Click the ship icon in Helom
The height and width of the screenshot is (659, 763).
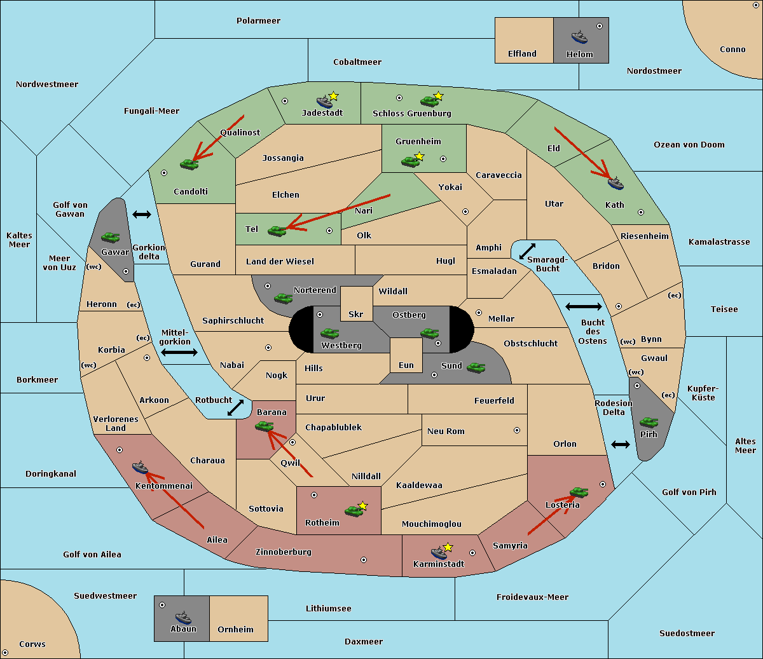click(579, 36)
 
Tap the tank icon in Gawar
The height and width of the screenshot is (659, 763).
click(111, 237)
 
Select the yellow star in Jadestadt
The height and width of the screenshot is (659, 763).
click(334, 96)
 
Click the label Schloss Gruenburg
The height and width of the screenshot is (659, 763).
click(411, 114)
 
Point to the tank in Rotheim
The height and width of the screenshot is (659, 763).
click(354, 510)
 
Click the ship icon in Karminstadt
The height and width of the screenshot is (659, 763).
click(439, 552)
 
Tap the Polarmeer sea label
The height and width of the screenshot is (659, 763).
click(258, 21)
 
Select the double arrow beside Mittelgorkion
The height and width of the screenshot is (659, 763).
click(179, 352)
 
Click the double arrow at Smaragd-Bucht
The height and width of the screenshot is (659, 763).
click(528, 251)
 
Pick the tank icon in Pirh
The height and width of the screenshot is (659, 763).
click(649, 422)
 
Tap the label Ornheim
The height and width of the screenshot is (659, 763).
click(235, 630)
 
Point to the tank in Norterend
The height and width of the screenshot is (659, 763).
click(283, 297)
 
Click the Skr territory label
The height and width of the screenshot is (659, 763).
click(356, 315)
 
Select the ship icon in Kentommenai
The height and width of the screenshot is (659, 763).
click(141, 468)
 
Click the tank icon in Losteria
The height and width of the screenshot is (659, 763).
click(579, 491)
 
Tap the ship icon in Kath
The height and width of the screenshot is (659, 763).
click(615, 183)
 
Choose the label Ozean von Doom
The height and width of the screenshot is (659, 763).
click(689, 145)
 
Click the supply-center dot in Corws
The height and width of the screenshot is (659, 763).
click(5, 653)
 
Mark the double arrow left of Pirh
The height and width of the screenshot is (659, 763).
click(621, 444)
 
